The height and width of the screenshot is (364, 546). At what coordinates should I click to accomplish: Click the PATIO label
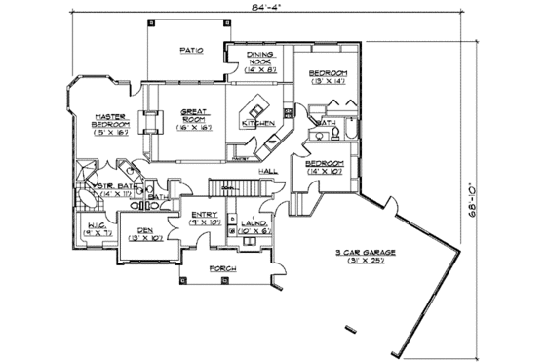190,50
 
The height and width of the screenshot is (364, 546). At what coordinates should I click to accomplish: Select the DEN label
144,233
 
